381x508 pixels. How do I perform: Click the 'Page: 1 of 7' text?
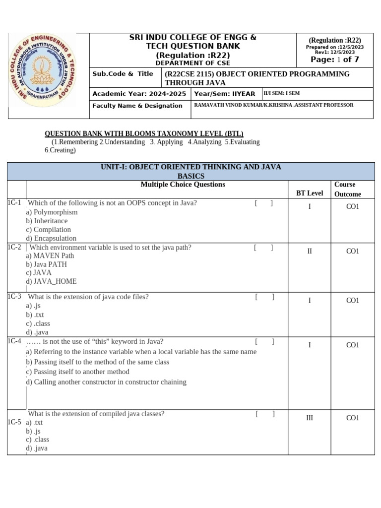point(334,60)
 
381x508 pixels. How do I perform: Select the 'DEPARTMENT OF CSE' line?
point(192,63)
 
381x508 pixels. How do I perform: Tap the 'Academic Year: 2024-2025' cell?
point(139,94)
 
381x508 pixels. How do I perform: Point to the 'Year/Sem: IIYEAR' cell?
point(225,94)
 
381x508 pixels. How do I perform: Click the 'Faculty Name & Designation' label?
point(137,106)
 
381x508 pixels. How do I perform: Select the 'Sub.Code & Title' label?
point(123,74)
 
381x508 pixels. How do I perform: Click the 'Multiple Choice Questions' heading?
point(183,185)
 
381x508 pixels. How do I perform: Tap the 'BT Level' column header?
point(309,193)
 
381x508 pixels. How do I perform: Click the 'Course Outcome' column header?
point(347,189)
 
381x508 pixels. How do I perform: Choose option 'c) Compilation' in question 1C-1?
point(49,230)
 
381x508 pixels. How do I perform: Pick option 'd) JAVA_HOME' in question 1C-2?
point(51,281)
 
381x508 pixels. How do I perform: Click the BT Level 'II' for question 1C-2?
point(310,252)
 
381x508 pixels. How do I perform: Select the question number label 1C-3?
point(14,297)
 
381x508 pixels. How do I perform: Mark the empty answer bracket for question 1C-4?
point(264,341)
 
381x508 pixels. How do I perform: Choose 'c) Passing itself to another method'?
point(77,372)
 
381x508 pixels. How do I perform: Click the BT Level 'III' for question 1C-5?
point(310,418)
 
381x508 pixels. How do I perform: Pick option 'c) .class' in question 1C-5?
point(38,440)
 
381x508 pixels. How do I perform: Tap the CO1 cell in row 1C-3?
point(352,300)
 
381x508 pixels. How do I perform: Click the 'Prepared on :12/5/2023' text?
point(334,47)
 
